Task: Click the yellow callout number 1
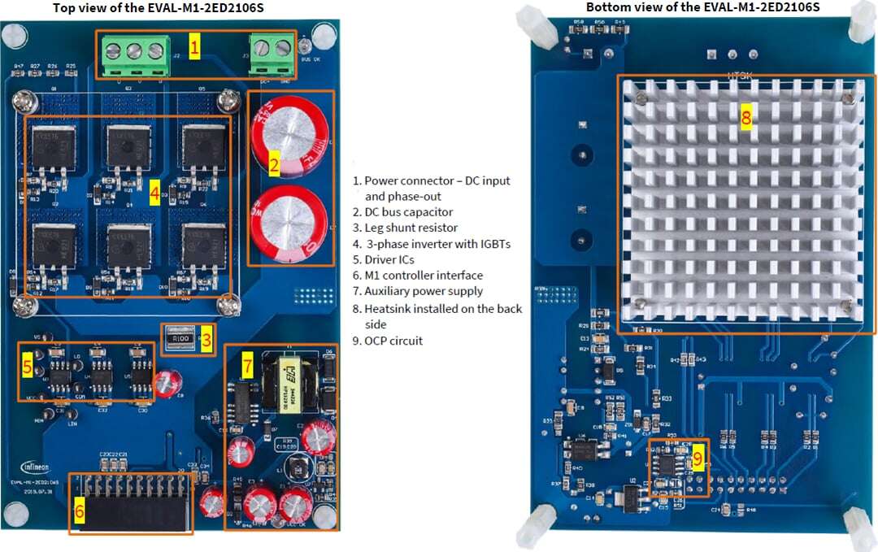pos(193,47)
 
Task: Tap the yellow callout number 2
pos(275,166)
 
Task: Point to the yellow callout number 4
pos(154,195)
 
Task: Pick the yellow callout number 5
pos(28,367)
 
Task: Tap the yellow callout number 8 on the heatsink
pos(746,116)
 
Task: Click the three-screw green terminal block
pos(133,52)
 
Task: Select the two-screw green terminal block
pos(271,50)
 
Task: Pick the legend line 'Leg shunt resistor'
pos(410,228)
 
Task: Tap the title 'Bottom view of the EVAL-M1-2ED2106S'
pos(702,7)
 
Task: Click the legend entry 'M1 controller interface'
pos(423,275)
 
